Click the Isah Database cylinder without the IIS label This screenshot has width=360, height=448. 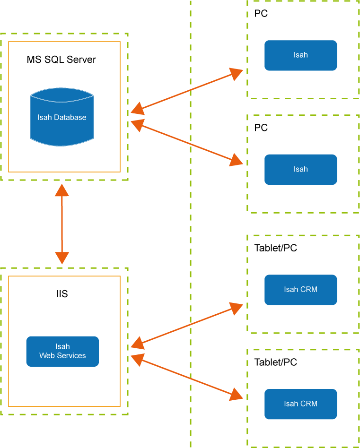(x=62, y=117)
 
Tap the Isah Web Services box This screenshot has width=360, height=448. (x=62, y=352)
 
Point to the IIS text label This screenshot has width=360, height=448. (x=62, y=294)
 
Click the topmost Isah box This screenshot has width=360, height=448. (x=300, y=55)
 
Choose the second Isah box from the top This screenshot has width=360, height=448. (x=300, y=169)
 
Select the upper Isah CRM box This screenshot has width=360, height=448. (x=300, y=290)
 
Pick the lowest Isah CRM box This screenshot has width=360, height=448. (x=300, y=404)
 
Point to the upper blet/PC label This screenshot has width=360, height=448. (x=281, y=248)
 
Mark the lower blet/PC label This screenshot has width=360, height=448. (x=281, y=362)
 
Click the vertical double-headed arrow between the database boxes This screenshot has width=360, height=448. (x=62, y=224)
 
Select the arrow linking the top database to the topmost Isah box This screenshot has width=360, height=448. (x=187, y=91)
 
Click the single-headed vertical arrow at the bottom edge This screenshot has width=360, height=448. (x=62, y=418)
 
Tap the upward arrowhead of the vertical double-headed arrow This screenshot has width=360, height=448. (x=62, y=190)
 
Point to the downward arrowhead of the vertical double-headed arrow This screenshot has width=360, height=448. (x=62, y=258)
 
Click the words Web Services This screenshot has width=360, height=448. (x=62, y=355)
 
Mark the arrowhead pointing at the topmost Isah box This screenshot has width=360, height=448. (x=236, y=73)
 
